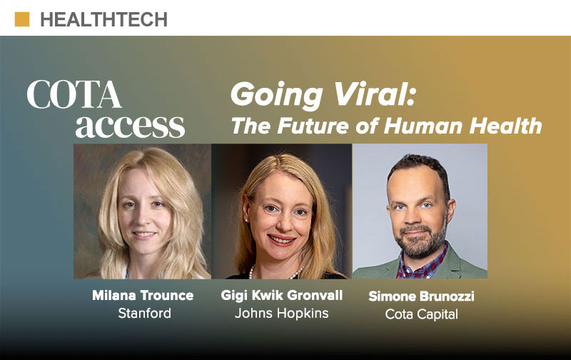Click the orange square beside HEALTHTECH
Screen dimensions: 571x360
coord(22,19)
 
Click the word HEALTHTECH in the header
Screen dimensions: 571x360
coord(103,20)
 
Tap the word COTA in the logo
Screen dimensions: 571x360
coord(74,94)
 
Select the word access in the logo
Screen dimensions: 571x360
coord(130,126)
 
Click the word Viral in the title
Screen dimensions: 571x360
coord(374,94)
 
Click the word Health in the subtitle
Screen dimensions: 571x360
coord(505,126)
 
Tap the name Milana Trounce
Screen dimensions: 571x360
coord(143,295)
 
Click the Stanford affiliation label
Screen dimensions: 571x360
coord(145,313)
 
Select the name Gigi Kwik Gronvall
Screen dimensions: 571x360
coord(281,295)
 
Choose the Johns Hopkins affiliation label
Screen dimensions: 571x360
coord(281,313)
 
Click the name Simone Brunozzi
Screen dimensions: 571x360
coord(421,296)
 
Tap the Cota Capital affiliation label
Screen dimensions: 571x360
coord(421,314)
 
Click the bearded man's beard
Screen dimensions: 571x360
coord(420,241)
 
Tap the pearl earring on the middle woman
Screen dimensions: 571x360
coord(247,220)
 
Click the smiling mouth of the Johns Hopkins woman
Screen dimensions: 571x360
coord(281,240)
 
